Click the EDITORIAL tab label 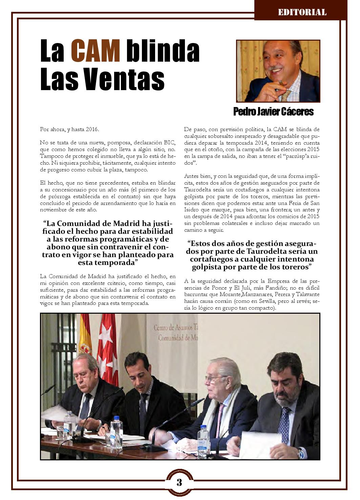point(302,13)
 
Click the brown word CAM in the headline point(96,51)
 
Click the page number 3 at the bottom point(179,482)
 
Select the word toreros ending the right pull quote point(295,267)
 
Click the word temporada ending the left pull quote point(110,263)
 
